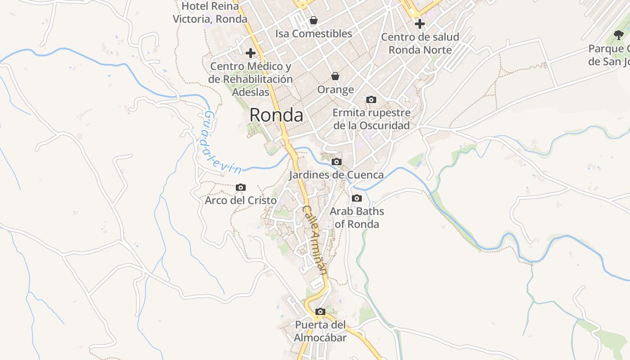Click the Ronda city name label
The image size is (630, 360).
coord(276,115)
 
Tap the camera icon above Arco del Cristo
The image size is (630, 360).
coord(241,187)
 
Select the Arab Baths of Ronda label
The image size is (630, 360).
coord(357,218)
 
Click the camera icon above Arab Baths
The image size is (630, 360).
coord(357,198)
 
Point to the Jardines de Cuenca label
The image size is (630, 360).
coord(337,175)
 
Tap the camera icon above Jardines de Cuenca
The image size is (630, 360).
coord(337,162)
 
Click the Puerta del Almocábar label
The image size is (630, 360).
coord(320,331)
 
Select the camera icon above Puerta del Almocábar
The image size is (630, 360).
coord(320,311)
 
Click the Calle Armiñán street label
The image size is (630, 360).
coord(315,239)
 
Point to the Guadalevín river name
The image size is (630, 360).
coord(221,143)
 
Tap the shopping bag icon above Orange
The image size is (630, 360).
coord(335,76)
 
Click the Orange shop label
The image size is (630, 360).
coord(335,90)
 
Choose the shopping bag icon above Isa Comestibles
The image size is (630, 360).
coord(314,20)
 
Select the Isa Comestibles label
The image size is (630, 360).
coord(314,34)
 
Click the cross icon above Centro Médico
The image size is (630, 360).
coord(251,53)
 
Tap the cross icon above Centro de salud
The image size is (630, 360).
coord(420,23)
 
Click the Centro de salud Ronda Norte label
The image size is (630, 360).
coord(420,43)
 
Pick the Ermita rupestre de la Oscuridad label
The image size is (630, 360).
coord(371,119)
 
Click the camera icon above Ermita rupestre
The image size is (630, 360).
coord(371,99)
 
